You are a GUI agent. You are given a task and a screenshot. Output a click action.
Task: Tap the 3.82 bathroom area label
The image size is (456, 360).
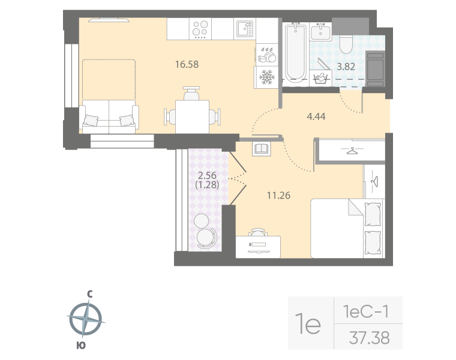click(x=346, y=67)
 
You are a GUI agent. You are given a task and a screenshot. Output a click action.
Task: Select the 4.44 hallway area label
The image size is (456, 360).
click(x=316, y=116)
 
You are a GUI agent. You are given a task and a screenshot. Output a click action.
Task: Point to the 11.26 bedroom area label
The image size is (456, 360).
click(x=278, y=194)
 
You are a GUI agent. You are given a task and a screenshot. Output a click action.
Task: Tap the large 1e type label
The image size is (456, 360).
click(x=310, y=325)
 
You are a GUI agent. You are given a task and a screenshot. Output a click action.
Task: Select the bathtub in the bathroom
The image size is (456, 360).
click(x=295, y=53)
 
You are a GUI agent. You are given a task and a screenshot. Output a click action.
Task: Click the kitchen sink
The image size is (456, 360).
click(x=244, y=28)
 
